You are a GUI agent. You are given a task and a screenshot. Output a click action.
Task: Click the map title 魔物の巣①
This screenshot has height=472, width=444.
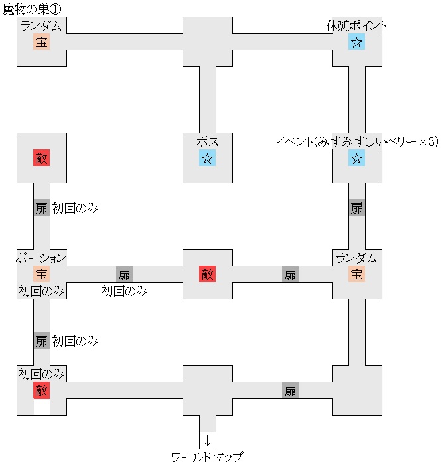pyautogui.click(x=31, y=8)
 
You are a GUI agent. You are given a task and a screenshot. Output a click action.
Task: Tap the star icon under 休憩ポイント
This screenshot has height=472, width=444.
pyautogui.click(x=356, y=42)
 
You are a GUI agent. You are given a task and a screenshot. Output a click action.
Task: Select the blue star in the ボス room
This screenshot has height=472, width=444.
pyautogui.click(x=207, y=158)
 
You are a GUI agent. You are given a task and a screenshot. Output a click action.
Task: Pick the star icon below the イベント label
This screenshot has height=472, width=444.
pyautogui.click(x=356, y=158)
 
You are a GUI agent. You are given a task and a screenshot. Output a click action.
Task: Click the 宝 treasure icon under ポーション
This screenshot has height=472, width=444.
pyautogui.click(x=41, y=274)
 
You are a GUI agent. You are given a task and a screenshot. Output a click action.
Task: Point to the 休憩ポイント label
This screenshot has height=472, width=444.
pyautogui.click(x=356, y=26)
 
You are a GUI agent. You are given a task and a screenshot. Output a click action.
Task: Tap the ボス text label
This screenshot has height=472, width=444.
pyautogui.click(x=207, y=141)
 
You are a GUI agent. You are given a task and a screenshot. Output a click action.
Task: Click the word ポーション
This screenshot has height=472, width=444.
pyautogui.click(x=41, y=258)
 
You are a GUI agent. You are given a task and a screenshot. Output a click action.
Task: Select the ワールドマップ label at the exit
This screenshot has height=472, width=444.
pyautogui.click(x=207, y=457)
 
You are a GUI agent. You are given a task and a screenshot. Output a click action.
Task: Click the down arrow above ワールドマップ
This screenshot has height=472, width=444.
pyautogui.click(x=207, y=440)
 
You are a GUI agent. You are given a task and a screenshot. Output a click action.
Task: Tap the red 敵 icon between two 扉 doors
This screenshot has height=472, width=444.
pyautogui.click(x=207, y=274)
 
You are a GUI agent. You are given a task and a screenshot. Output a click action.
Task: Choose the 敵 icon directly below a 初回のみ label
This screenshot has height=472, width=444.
pyautogui.click(x=41, y=390)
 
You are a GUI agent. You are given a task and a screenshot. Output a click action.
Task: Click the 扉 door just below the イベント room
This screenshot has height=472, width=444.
pyautogui.click(x=356, y=208)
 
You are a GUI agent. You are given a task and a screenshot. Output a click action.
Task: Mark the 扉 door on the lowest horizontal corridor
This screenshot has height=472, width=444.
pyautogui.click(x=290, y=390)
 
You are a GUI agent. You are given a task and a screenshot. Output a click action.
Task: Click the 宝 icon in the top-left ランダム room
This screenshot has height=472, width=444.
pyautogui.click(x=41, y=42)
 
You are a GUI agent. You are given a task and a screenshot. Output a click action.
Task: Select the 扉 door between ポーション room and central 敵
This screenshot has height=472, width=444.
pyautogui.click(x=124, y=274)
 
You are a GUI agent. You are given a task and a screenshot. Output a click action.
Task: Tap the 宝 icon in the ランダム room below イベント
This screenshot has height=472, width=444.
pyautogui.click(x=356, y=274)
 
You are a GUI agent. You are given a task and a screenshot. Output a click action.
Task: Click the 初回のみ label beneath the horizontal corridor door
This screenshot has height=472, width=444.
pyautogui.click(x=124, y=291)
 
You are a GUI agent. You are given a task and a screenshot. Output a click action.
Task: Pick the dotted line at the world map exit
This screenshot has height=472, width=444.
pyautogui.click(x=207, y=432)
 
